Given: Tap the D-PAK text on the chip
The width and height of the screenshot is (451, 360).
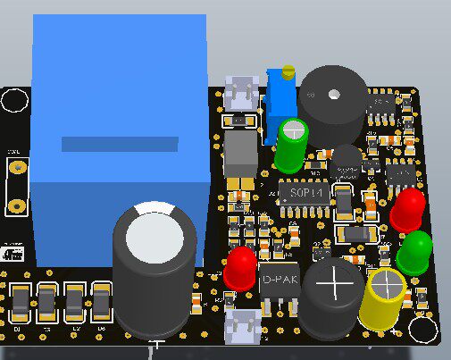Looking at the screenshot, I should point(280,280).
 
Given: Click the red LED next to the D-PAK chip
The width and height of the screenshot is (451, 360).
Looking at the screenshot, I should point(239,266).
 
